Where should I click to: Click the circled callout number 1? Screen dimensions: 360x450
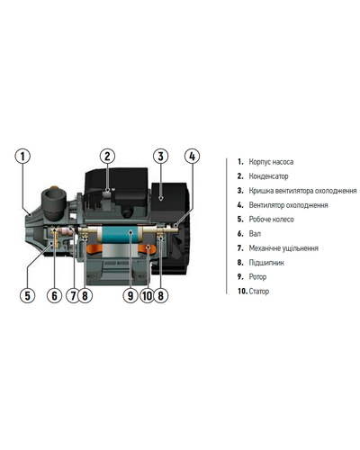(x=22, y=157)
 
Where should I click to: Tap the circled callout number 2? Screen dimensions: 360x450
(x=107, y=157)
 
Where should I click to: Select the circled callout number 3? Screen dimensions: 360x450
(x=161, y=157)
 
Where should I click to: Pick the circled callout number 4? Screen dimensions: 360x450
(x=192, y=157)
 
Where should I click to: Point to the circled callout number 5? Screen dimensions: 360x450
(x=27, y=295)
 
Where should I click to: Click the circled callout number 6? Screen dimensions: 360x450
(x=54, y=295)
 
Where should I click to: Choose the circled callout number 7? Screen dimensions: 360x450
(x=73, y=295)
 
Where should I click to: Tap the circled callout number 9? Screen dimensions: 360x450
(x=130, y=295)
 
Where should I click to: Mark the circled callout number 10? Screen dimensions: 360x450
(x=148, y=295)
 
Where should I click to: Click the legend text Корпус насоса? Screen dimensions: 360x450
(x=271, y=162)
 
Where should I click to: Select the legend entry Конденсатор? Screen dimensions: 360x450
(x=268, y=176)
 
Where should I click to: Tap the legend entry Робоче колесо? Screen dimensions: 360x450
(x=271, y=220)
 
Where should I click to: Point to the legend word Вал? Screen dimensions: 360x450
(x=255, y=234)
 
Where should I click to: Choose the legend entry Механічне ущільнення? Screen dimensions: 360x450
(x=283, y=248)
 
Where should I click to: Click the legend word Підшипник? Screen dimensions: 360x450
(x=266, y=263)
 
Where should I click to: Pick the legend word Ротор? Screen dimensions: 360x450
(x=257, y=277)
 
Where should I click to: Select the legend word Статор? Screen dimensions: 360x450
(x=259, y=292)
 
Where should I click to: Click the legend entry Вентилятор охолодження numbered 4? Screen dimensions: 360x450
(x=288, y=205)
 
